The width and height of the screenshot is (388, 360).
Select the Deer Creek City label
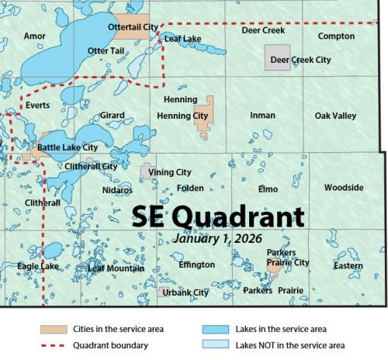[x=300, y=60]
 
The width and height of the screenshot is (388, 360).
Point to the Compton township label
[x=336, y=36]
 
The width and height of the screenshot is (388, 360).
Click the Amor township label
[x=35, y=36]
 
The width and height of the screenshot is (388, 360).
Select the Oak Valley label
[x=335, y=116]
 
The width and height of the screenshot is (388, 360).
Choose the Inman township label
[x=262, y=116]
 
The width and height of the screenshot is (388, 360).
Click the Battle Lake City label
[x=68, y=147]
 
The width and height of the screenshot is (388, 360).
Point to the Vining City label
[x=171, y=172]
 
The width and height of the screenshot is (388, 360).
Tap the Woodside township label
[x=343, y=188]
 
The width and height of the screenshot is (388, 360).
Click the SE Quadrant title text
[x=217, y=214]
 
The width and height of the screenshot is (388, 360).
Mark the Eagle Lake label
[x=38, y=267]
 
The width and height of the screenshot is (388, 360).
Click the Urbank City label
[x=185, y=292]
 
